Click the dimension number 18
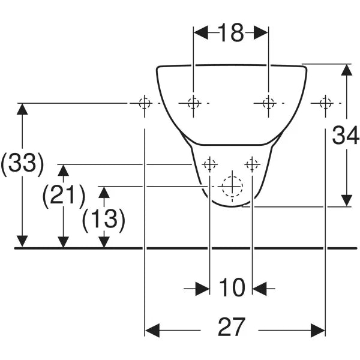[x=231, y=32]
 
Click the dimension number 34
[x=346, y=135]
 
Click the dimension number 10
[x=232, y=287]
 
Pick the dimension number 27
[x=232, y=327]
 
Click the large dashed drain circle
[x=232, y=187]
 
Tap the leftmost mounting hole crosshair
[x=145, y=103]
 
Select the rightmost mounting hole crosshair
[x=325, y=103]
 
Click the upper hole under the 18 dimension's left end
[x=193, y=103]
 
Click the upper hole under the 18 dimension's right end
[x=268, y=103]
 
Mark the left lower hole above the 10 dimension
[x=209, y=164]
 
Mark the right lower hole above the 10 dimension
[x=252, y=164]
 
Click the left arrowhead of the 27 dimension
[x=152, y=331]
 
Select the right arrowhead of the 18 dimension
[x=261, y=32]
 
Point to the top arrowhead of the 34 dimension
[x=346, y=70]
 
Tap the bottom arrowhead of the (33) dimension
[x=22, y=241]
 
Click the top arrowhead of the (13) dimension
[x=104, y=193]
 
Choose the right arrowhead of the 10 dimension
[x=259, y=289]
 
